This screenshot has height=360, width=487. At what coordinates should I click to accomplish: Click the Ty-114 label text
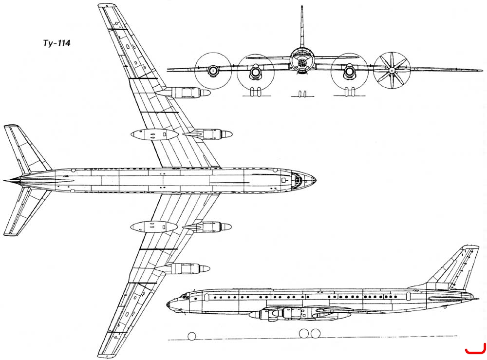pos(56,43)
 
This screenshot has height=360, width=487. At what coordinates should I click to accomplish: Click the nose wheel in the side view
pos(192,336)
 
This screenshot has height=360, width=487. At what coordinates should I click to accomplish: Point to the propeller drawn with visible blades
pos(392,71)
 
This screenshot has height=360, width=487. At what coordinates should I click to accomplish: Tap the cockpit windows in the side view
pos(184,296)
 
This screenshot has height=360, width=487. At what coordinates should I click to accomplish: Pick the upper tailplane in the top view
pos(26,148)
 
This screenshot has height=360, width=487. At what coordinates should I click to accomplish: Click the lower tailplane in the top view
pos(26,211)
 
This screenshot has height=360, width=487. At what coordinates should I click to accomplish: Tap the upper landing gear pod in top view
pos(154,134)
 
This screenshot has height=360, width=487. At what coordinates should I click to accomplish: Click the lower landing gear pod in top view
pos(154,227)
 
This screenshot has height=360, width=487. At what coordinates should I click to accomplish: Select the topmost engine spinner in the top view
pos(205,93)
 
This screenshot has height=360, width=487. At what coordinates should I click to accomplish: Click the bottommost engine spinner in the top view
pos(205,268)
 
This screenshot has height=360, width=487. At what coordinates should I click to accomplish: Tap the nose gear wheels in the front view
pos(302,94)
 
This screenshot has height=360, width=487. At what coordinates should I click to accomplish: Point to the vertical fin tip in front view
pos(302,6)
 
